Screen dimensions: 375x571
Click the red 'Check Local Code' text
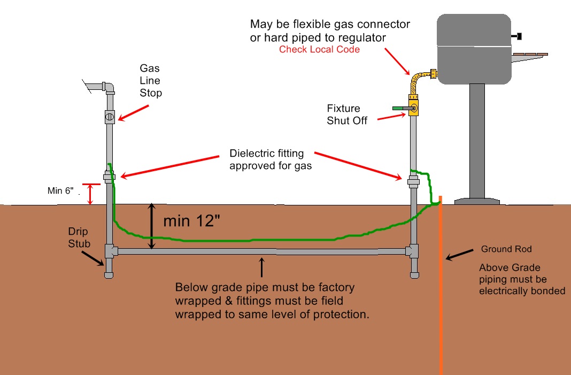pos(319,49)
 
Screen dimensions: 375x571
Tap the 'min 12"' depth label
pos(191,220)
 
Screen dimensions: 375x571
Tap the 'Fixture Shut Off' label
pos(348,114)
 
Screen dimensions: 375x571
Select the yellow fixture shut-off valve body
pos(413,106)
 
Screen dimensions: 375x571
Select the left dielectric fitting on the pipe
pos(110,177)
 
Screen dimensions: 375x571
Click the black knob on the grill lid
pos(518,36)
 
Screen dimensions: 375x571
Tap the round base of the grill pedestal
pos(477,201)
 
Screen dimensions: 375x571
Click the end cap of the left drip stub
pos(109,275)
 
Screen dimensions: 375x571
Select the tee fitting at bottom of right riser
pos(413,251)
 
